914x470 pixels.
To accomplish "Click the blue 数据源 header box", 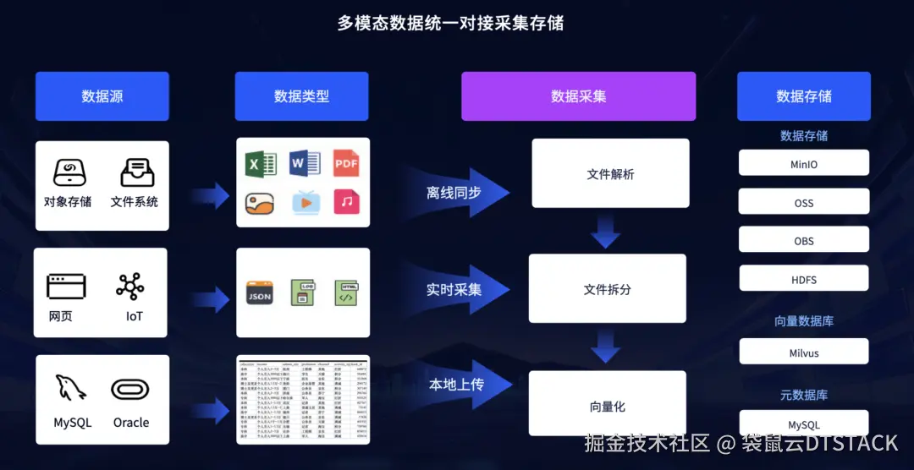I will pyautogui.click(x=102, y=96).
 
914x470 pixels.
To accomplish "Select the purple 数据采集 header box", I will pyautogui.click(x=578, y=96).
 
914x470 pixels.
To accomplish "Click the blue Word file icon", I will pyautogui.click(x=303, y=162).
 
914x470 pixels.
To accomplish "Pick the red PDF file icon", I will pyautogui.click(x=346, y=162).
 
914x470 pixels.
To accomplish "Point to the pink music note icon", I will pyautogui.click(x=346, y=201).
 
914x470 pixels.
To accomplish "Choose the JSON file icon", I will pyautogui.click(x=259, y=292).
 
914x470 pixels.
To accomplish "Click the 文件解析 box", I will pyautogui.click(x=610, y=174).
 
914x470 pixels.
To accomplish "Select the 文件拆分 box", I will pyautogui.click(x=607, y=289).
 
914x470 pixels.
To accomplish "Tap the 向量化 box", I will pyautogui.click(x=607, y=407).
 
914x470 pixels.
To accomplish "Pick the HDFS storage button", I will pyautogui.click(x=803, y=280).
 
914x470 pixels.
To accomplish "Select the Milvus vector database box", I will pyautogui.click(x=803, y=352).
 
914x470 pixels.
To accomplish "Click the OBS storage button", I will pyautogui.click(x=803, y=241).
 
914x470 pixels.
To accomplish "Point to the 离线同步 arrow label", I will pyautogui.click(x=454, y=193).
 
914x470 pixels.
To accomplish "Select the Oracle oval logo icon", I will pyautogui.click(x=130, y=389).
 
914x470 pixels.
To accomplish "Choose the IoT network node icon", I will pyautogui.click(x=130, y=287).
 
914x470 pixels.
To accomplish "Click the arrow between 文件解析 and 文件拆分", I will pyautogui.click(x=606, y=231).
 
